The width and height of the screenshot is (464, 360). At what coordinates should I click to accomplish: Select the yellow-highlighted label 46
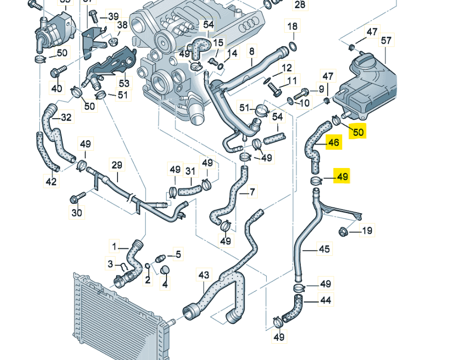tap(333, 143)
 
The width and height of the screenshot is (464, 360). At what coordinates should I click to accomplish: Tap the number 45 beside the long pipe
tap(324, 249)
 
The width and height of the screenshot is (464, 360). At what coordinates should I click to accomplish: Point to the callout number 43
tap(204, 275)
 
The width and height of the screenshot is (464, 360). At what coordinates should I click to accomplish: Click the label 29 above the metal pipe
tap(117, 165)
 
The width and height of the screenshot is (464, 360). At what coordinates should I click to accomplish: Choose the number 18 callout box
tap(292, 26)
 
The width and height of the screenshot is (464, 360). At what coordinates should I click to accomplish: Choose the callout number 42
tap(51, 181)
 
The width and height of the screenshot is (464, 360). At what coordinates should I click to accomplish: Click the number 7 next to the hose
tap(251, 192)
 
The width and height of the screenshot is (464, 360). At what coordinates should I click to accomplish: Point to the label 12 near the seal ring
tap(287, 68)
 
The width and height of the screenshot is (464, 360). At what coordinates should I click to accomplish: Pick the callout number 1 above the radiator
tap(115, 247)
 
